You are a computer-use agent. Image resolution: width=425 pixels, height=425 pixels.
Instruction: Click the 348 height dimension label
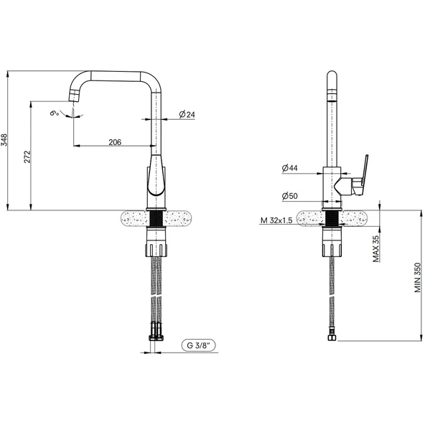click(4, 140)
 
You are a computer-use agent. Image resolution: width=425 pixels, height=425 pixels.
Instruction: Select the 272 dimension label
click(28, 157)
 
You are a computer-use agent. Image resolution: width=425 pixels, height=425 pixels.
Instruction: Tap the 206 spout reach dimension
click(115, 142)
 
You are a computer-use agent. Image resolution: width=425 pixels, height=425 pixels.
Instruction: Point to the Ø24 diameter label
click(187, 114)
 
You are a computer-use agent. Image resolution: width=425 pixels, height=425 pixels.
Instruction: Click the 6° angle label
click(55, 113)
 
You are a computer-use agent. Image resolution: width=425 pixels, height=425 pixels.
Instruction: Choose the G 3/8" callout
click(199, 345)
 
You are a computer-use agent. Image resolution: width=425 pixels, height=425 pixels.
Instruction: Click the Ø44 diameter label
click(289, 168)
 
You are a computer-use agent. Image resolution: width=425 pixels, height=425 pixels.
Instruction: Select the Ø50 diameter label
click(289, 196)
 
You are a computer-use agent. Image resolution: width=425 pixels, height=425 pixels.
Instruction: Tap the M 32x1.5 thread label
click(276, 220)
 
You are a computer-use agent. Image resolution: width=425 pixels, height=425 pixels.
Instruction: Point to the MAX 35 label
click(376, 248)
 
